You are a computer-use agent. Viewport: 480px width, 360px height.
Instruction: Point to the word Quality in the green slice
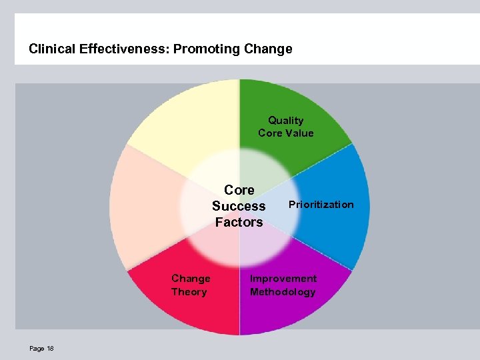pyautogui.click(x=285, y=121)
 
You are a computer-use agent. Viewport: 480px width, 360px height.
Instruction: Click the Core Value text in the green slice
pyautogui.click(x=285, y=133)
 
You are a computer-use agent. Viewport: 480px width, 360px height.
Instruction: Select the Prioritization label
pyautogui.click(x=321, y=205)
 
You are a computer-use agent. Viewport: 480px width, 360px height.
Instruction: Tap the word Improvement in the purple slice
pyautogui.click(x=283, y=279)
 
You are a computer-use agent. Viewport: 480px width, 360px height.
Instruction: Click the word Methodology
pyautogui.click(x=283, y=292)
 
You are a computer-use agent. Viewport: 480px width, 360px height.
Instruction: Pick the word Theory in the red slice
pyautogui.click(x=189, y=292)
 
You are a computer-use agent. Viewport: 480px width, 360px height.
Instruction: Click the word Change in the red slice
pyautogui.click(x=191, y=279)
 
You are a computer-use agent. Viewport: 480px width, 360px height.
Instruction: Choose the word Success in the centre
pyautogui.click(x=239, y=206)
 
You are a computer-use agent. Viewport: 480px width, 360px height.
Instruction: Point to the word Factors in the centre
pyautogui.click(x=239, y=222)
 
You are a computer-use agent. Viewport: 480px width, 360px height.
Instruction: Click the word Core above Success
pyautogui.click(x=239, y=190)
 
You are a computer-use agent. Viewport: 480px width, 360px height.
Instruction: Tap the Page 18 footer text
pyautogui.click(x=41, y=349)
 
